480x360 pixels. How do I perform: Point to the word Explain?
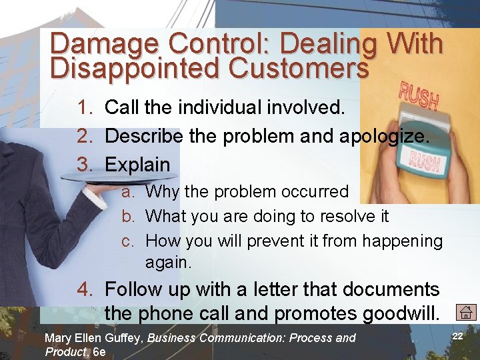click(x=138, y=164)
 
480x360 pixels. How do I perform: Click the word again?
click(x=168, y=263)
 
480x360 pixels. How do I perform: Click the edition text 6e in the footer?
click(x=99, y=352)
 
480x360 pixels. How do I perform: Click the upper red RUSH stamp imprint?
click(x=418, y=97)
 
